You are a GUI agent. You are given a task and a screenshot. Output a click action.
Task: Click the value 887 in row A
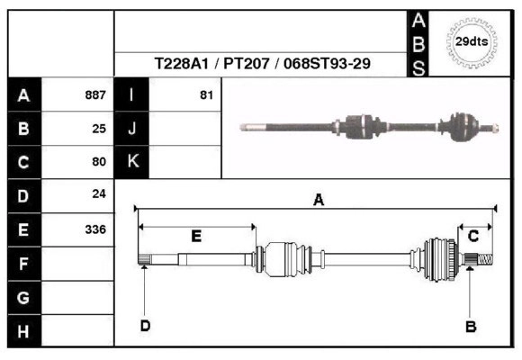tap(95, 95)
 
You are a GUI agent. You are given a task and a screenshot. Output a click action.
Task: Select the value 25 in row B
tap(99, 129)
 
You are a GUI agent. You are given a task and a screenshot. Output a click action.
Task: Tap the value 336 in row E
tap(95, 229)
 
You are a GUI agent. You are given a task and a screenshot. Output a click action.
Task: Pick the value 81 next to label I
tap(206, 95)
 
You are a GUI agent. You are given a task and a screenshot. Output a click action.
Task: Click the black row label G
tap(24, 298)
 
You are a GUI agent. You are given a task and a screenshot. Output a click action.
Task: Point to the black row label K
tap(131, 162)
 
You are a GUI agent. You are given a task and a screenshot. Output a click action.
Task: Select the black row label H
tap(24, 331)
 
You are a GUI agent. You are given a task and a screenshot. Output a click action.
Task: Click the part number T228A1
tap(182, 63)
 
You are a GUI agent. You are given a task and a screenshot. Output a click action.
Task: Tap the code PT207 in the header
tap(247, 63)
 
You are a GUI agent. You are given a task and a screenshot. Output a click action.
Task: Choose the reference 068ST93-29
tap(327, 63)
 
